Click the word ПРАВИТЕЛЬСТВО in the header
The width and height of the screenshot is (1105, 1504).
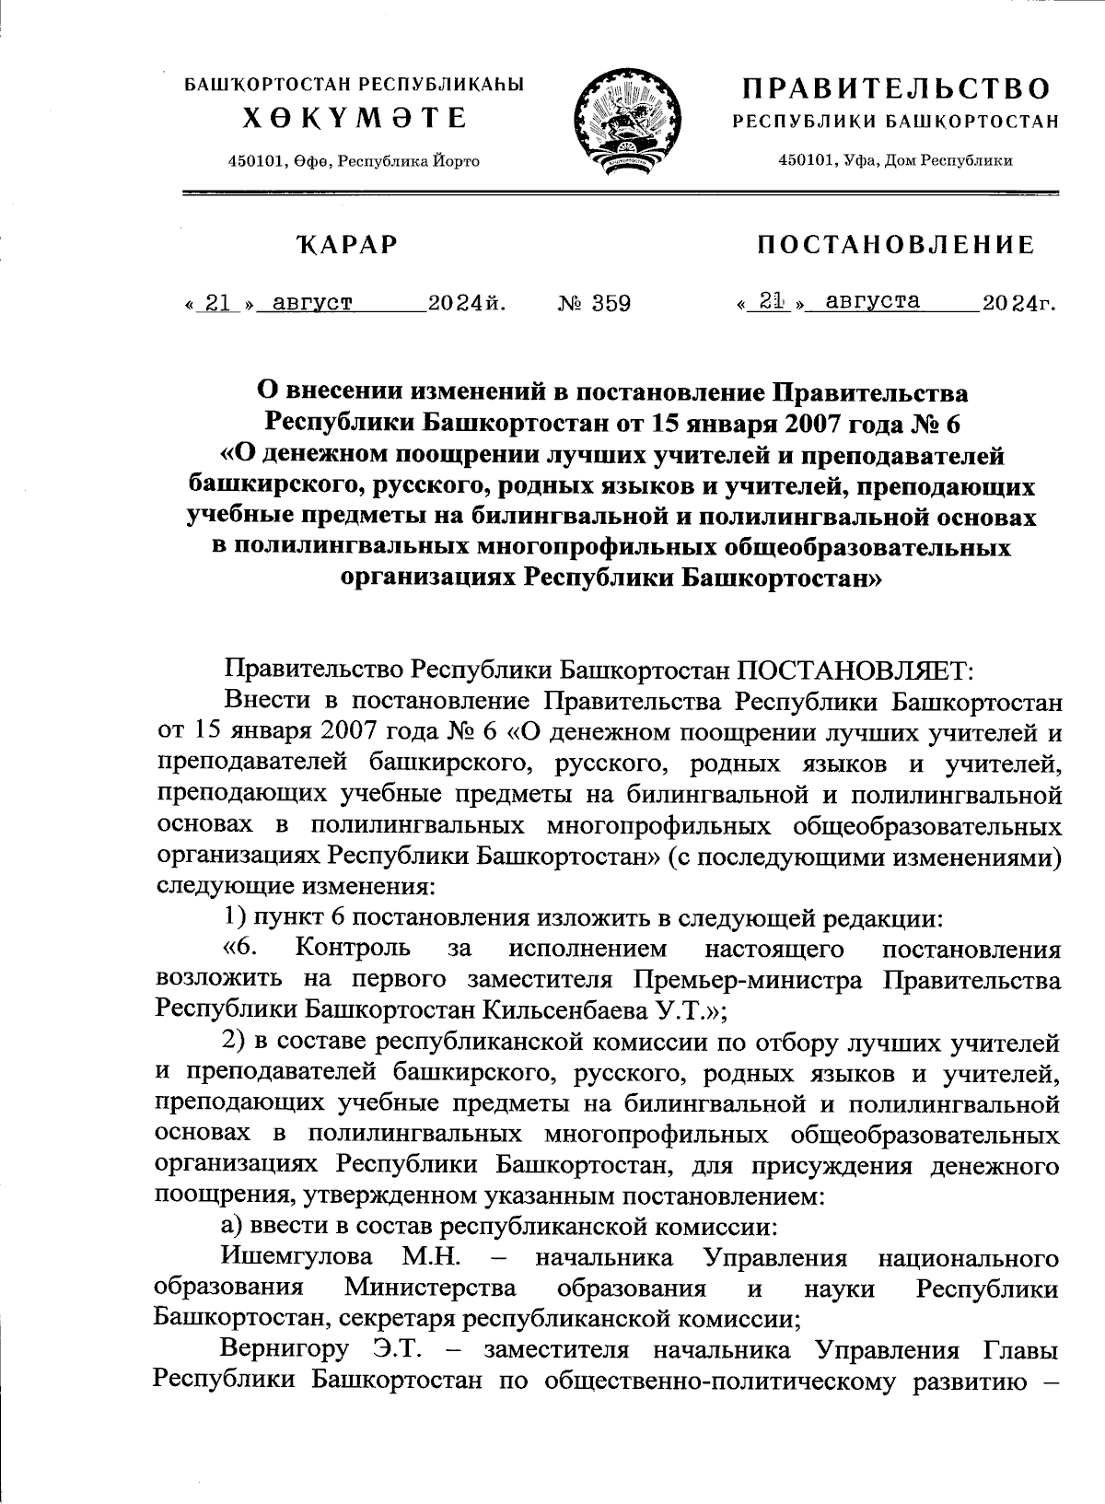tap(897, 89)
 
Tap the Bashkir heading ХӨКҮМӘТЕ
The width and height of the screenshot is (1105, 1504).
tap(355, 119)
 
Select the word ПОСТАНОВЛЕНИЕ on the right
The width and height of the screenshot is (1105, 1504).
tap(895, 245)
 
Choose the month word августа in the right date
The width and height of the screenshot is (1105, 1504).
tap(873, 300)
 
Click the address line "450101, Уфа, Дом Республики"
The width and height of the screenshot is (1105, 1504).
tap(896, 160)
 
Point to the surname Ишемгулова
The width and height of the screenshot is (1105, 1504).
tap(297, 1257)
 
